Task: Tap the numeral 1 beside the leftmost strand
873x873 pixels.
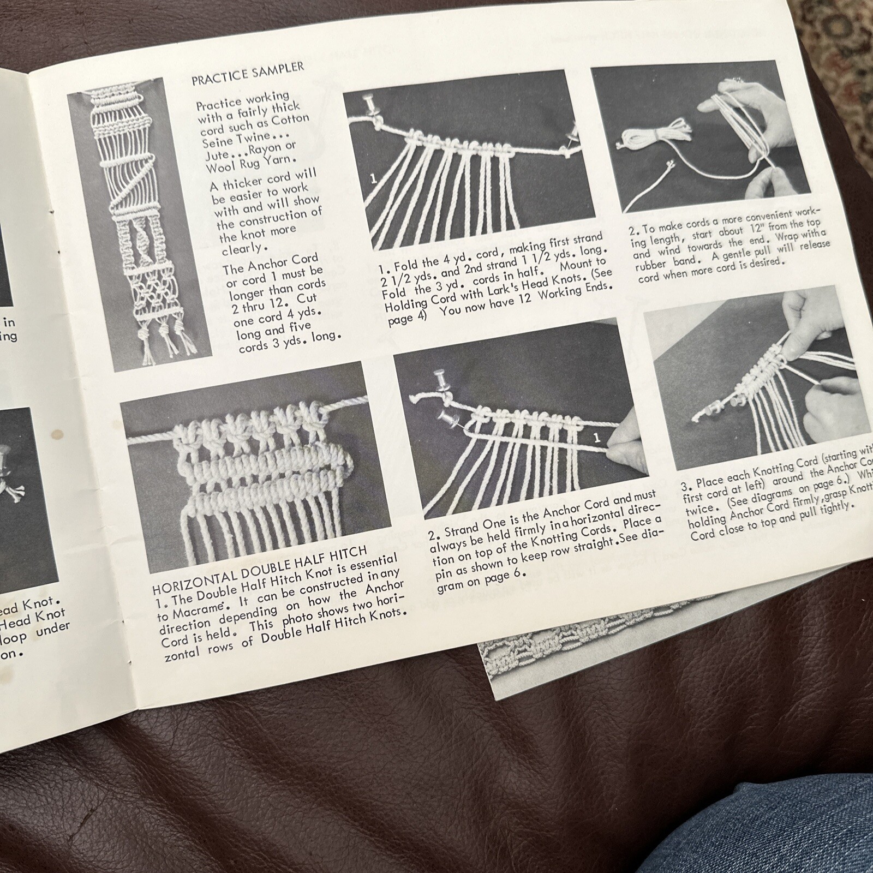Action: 374,178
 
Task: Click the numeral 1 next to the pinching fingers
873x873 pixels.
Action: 596,437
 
